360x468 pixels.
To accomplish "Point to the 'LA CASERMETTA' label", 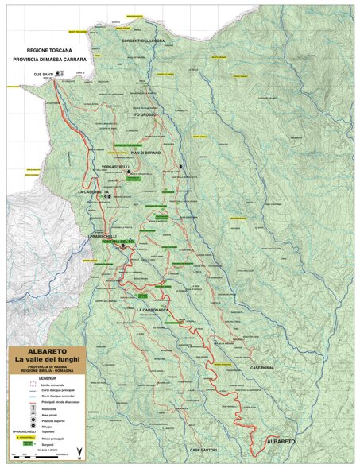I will point(94,192).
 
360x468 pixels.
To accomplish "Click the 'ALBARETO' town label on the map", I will point(282,440).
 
